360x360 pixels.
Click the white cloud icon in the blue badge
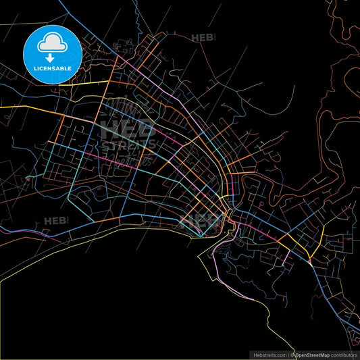point(52,42)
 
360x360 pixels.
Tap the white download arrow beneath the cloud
point(52,57)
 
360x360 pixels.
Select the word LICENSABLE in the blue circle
point(52,70)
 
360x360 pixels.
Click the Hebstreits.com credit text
point(269,354)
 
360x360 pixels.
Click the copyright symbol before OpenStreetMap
point(292,354)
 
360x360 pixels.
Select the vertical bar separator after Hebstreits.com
point(288,354)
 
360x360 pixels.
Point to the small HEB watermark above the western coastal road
point(55,221)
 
